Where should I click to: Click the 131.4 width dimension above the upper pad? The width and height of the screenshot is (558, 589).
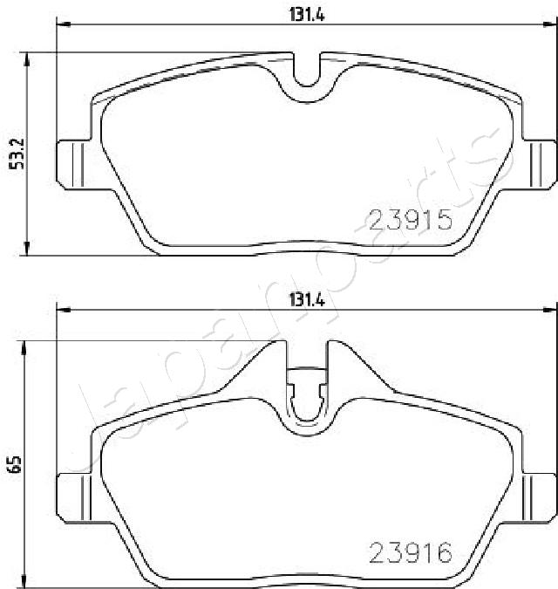point(307,15)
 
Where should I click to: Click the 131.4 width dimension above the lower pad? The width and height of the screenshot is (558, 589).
point(307,300)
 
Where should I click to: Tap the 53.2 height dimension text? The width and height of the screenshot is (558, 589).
point(17,154)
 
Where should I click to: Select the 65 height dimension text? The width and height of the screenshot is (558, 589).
point(17,465)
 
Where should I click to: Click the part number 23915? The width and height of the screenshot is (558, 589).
point(411,220)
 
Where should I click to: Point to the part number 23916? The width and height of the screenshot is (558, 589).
point(411,552)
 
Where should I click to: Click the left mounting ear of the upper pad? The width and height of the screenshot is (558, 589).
point(74,165)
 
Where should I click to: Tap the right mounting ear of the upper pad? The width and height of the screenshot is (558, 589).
point(539,165)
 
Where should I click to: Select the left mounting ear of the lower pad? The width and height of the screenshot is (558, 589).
point(74,497)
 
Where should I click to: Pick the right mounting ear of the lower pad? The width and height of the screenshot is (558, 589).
point(539,497)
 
